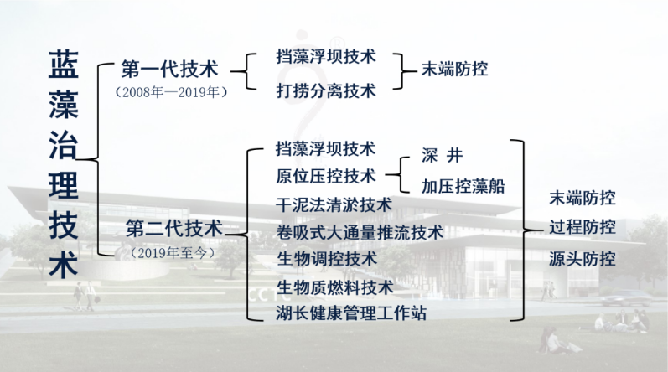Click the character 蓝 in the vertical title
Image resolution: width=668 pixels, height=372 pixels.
pyautogui.click(x=64, y=65)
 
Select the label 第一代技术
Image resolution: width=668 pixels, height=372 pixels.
pyautogui.click(x=170, y=69)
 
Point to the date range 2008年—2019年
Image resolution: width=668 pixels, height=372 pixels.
pyautogui.click(x=171, y=92)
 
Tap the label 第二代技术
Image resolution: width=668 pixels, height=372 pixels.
pyautogui.click(x=174, y=229)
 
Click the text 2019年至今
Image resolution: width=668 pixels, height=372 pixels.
pyautogui.click(x=173, y=253)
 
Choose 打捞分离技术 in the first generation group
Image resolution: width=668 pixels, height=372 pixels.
pyautogui.click(x=326, y=90)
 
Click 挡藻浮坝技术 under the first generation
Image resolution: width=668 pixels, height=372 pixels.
pyautogui.click(x=326, y=56)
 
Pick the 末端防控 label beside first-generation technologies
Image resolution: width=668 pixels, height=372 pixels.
pyautogui.click(x=455, y=69)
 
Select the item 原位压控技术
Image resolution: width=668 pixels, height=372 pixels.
pyautogui.click(x=326, y=176)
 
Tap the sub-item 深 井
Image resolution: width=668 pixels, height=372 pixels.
pyautogui.click(x=443, y=155)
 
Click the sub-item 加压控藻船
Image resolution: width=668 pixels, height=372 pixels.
pyautogui.click(x=463, y=186)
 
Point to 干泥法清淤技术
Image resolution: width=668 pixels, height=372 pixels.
pyautogui.click(x=334, y=204)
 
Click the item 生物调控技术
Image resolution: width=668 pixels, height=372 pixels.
pyautogui.click(x=327, y=259)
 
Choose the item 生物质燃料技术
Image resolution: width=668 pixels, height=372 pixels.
pyautogui.click(x=335, y=287)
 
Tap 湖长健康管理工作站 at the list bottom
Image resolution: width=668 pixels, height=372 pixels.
pyautogui.click(x=351, y=313)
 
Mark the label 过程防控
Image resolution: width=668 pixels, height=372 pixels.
pyautogui.click(x=583, y=227)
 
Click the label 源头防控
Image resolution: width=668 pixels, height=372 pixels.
pyautogui.click(x=583, y=259)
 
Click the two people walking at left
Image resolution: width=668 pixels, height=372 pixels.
pyautogui.click(x=85, y=297)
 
